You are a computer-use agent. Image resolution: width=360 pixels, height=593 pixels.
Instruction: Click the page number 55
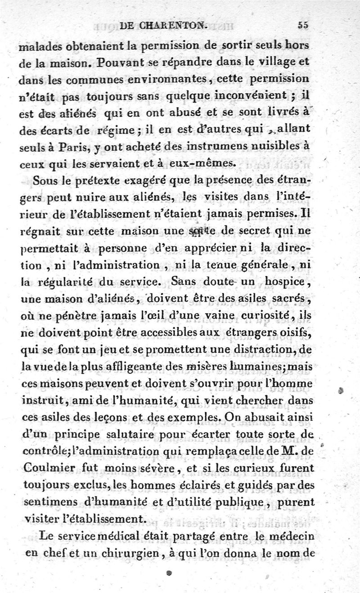click(x=303, y=26)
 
